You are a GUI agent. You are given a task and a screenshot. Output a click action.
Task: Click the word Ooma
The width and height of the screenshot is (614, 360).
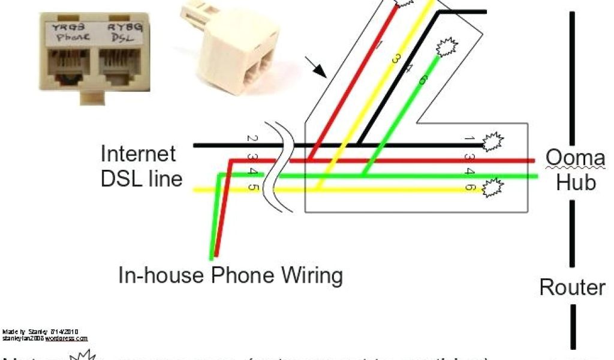point(574,158)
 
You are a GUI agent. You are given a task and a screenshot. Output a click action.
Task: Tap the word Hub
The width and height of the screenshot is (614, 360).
point(576,181)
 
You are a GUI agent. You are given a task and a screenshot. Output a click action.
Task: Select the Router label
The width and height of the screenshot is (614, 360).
point(572,287)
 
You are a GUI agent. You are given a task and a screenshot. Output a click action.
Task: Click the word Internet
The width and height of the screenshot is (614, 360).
point(139,154)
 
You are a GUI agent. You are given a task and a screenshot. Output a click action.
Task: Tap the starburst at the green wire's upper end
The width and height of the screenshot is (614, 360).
point(446,47)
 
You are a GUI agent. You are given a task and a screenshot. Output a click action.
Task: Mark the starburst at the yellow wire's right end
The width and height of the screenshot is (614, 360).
point(493,188)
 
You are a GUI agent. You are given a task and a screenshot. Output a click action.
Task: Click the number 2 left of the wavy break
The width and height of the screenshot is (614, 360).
point(252,139)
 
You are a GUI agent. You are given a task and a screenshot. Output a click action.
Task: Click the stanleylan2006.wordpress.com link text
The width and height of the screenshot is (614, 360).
point(45,338)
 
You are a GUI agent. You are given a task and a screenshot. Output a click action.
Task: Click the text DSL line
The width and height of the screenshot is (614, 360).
point(142,178)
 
